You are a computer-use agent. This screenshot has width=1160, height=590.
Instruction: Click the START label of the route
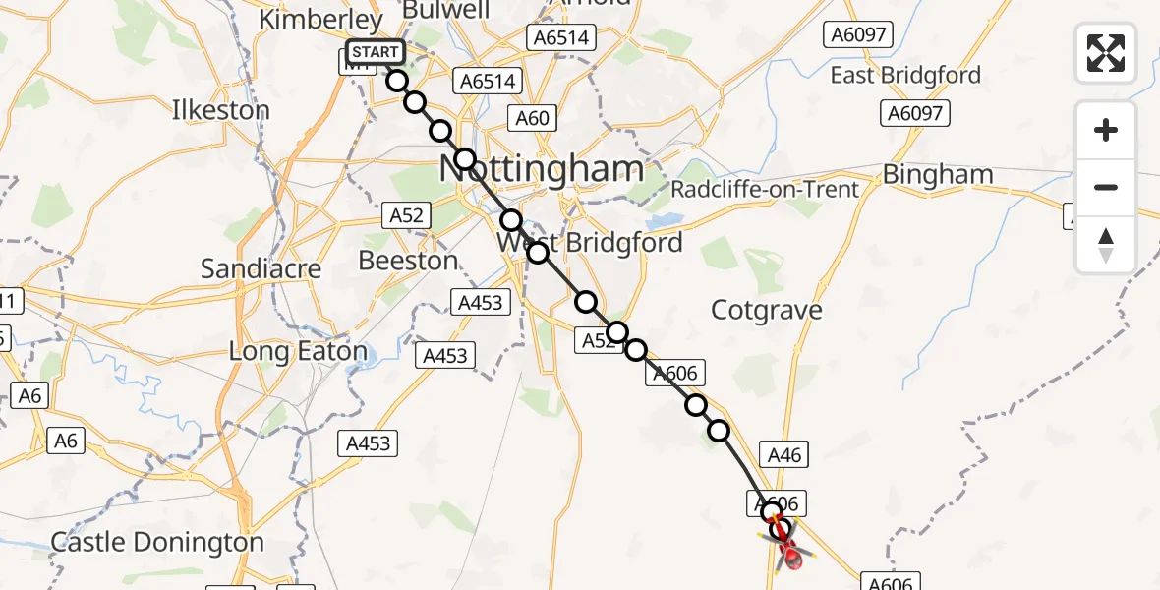pos(375,52)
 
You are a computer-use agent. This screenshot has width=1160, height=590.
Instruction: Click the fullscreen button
pos(1106,52)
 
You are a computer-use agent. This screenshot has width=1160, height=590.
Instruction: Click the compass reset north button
pos(1106,245)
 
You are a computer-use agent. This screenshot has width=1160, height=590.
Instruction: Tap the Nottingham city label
pos(541,168)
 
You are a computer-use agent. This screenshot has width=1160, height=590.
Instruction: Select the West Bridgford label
pos(590,242)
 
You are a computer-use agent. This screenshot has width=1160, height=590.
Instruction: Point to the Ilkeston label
pos(220,110)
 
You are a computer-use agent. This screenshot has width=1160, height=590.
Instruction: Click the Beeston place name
pos(408,261)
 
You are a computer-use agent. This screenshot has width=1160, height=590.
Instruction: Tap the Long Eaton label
pos(298,351)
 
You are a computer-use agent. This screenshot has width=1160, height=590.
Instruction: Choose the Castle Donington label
pos(157,542)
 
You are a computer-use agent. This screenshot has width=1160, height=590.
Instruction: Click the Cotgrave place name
pos(766,310)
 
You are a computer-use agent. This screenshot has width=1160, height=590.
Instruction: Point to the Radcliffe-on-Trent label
pos(765,189)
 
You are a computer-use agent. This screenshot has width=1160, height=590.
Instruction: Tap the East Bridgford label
pos(905,75)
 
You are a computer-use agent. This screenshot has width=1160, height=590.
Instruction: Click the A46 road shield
pos(783,454)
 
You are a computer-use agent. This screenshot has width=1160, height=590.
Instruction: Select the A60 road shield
pos(533,119)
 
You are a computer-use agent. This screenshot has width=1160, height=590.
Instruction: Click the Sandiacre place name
pos(247,267)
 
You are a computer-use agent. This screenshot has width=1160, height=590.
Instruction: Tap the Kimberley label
pos(319,20)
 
